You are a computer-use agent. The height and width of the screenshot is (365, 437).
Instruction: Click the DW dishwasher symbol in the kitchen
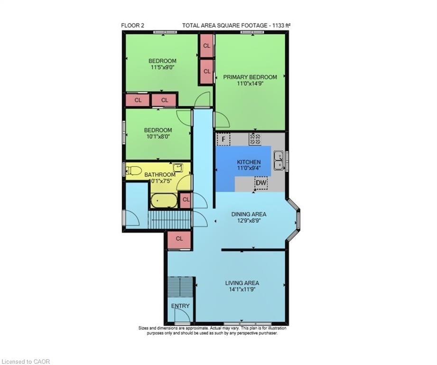(261, 183)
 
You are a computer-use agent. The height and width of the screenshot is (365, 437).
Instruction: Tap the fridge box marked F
(223, 139)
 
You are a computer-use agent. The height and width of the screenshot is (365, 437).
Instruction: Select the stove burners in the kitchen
(255, 139)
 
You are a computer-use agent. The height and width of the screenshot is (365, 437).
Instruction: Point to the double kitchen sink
(279, 161)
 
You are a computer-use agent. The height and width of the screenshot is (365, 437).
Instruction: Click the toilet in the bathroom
(134, 170)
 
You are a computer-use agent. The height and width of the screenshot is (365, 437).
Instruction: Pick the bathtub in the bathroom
(164, 201)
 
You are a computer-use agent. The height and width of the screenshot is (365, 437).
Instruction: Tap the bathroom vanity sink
(178, 167)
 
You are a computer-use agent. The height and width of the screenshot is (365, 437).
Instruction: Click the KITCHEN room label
(249, 162)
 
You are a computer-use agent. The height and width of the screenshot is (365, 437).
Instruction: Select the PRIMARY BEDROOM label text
(250, 77)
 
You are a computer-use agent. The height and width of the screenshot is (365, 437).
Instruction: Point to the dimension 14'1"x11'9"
(242, 289)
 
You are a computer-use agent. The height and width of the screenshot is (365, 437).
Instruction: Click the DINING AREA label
(249, 214)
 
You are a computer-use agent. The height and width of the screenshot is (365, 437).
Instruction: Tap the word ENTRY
(180, 306)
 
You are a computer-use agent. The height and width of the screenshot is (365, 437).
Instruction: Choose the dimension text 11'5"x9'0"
(162, 67)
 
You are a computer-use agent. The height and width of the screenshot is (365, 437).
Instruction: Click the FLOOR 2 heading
(133, 25)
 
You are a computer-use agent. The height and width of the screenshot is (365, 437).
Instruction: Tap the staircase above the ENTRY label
(181, 287)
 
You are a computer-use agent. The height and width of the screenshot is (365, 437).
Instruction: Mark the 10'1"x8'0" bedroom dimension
(158, 136)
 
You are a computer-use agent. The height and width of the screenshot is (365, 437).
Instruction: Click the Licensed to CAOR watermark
(25, 362)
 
